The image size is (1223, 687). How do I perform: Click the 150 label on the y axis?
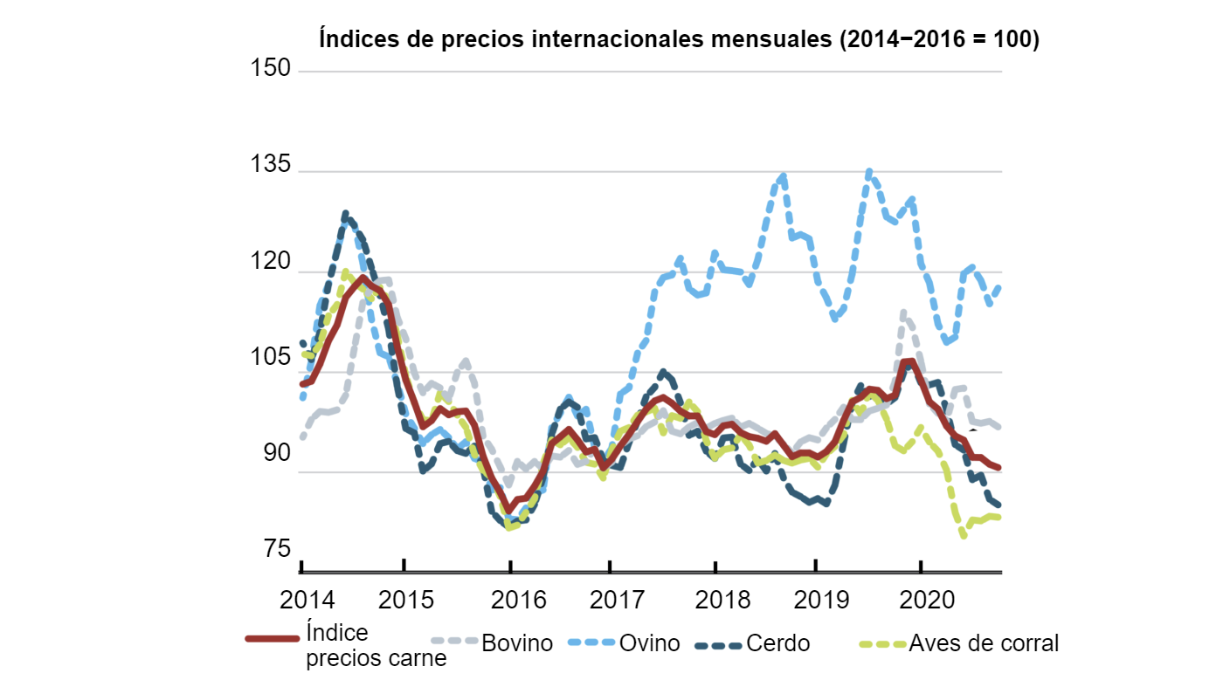(x=271, y=68)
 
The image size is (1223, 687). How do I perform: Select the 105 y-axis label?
(x=271, y=358)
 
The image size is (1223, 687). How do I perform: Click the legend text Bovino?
(x=517, y=644)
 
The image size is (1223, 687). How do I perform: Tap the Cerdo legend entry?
(x=777, y=644)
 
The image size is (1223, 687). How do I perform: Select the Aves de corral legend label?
(x=984, y=644)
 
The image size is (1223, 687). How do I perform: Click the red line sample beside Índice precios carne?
(x=273, y=638)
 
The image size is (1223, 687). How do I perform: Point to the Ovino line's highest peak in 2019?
(x=868, y=172)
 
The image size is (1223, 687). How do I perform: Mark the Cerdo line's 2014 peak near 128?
(x=346, y=214)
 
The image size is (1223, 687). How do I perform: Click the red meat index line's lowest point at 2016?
(x=508, y=512)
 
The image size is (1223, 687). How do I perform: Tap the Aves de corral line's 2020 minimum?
(x=964, y=535)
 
